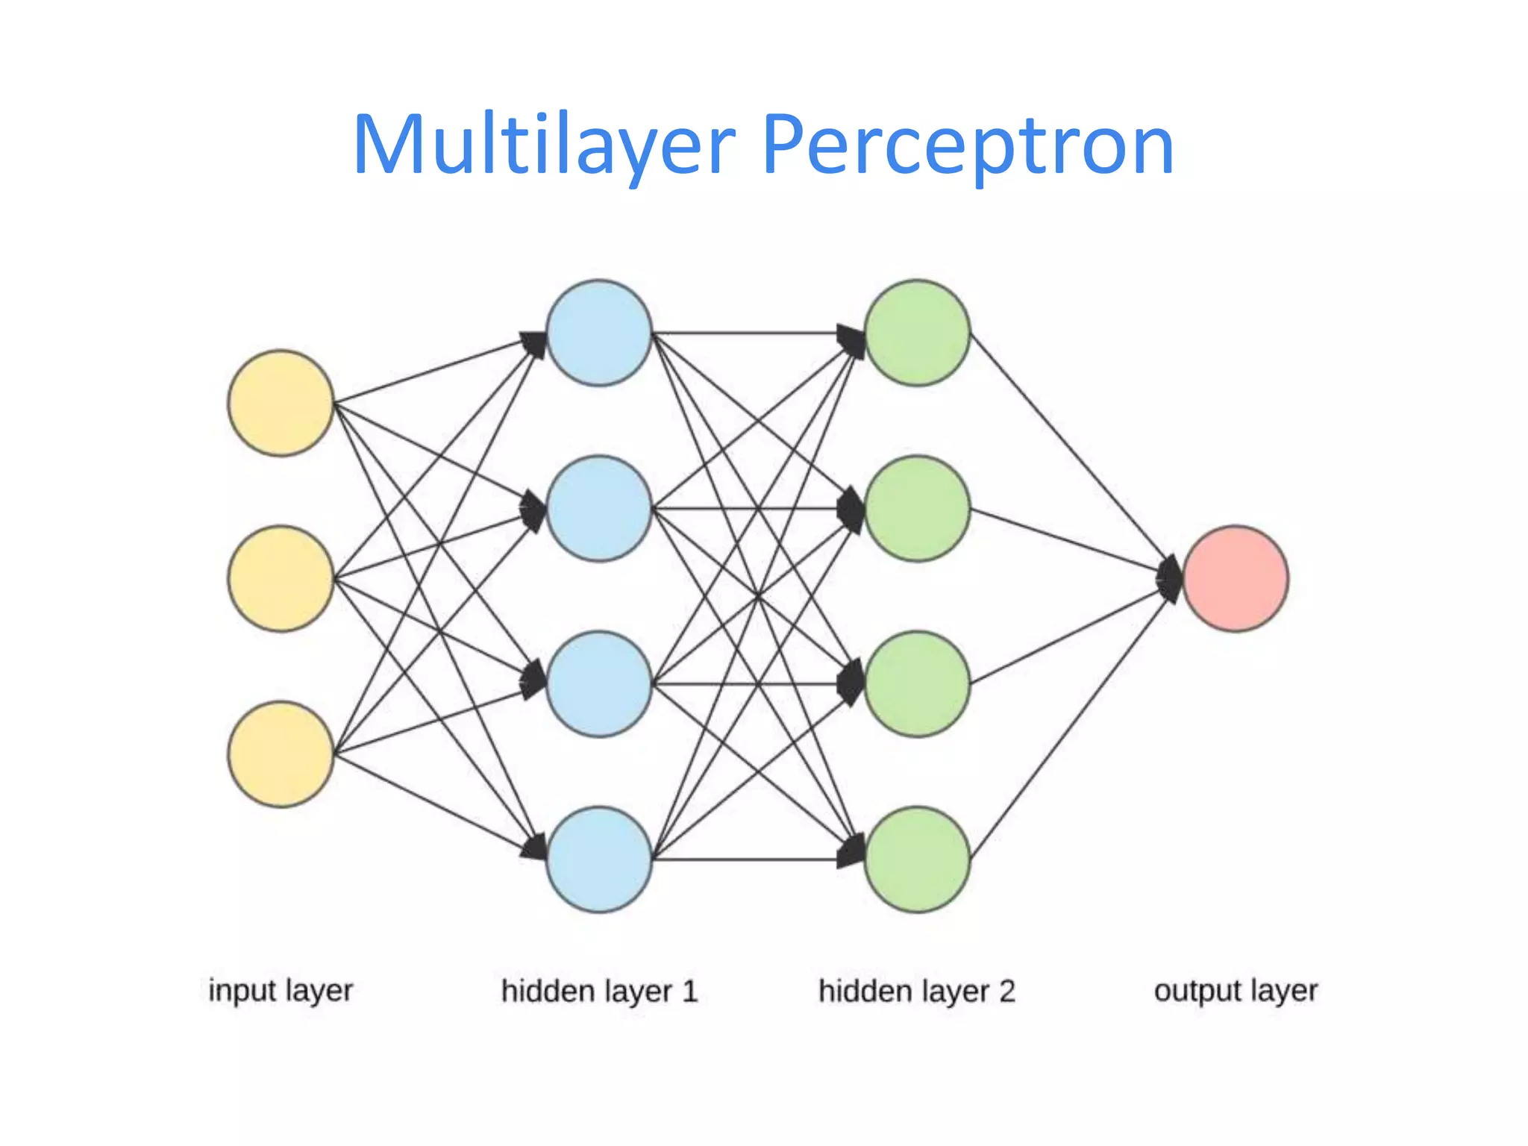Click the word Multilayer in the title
click(x=543, y=145)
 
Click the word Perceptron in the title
click(x=968, y=145)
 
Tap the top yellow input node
click(x=281, y=403)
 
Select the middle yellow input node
click(x=281, y=578)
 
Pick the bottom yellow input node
click(x=281, y=754)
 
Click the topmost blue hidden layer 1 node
click(x=599, y=333)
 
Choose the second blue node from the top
click(x=599, y=508)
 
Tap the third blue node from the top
click(x=599, y=684)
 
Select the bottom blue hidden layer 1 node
click(x=599, y=859)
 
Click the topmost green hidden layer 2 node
click(x=917, y=333)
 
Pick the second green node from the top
click(x=917, y=508)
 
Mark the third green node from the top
click(x=917, y=684)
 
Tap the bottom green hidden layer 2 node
click(x=917, y=859)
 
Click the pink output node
click(x=1236, y=578)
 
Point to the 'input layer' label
click(x=281, y=991)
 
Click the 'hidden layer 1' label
click(x=599, y=991)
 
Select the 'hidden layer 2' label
click(x=917, y=991)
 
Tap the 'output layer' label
click(x=1236, y=991)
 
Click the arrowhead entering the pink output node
click(x=1170, y=578)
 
